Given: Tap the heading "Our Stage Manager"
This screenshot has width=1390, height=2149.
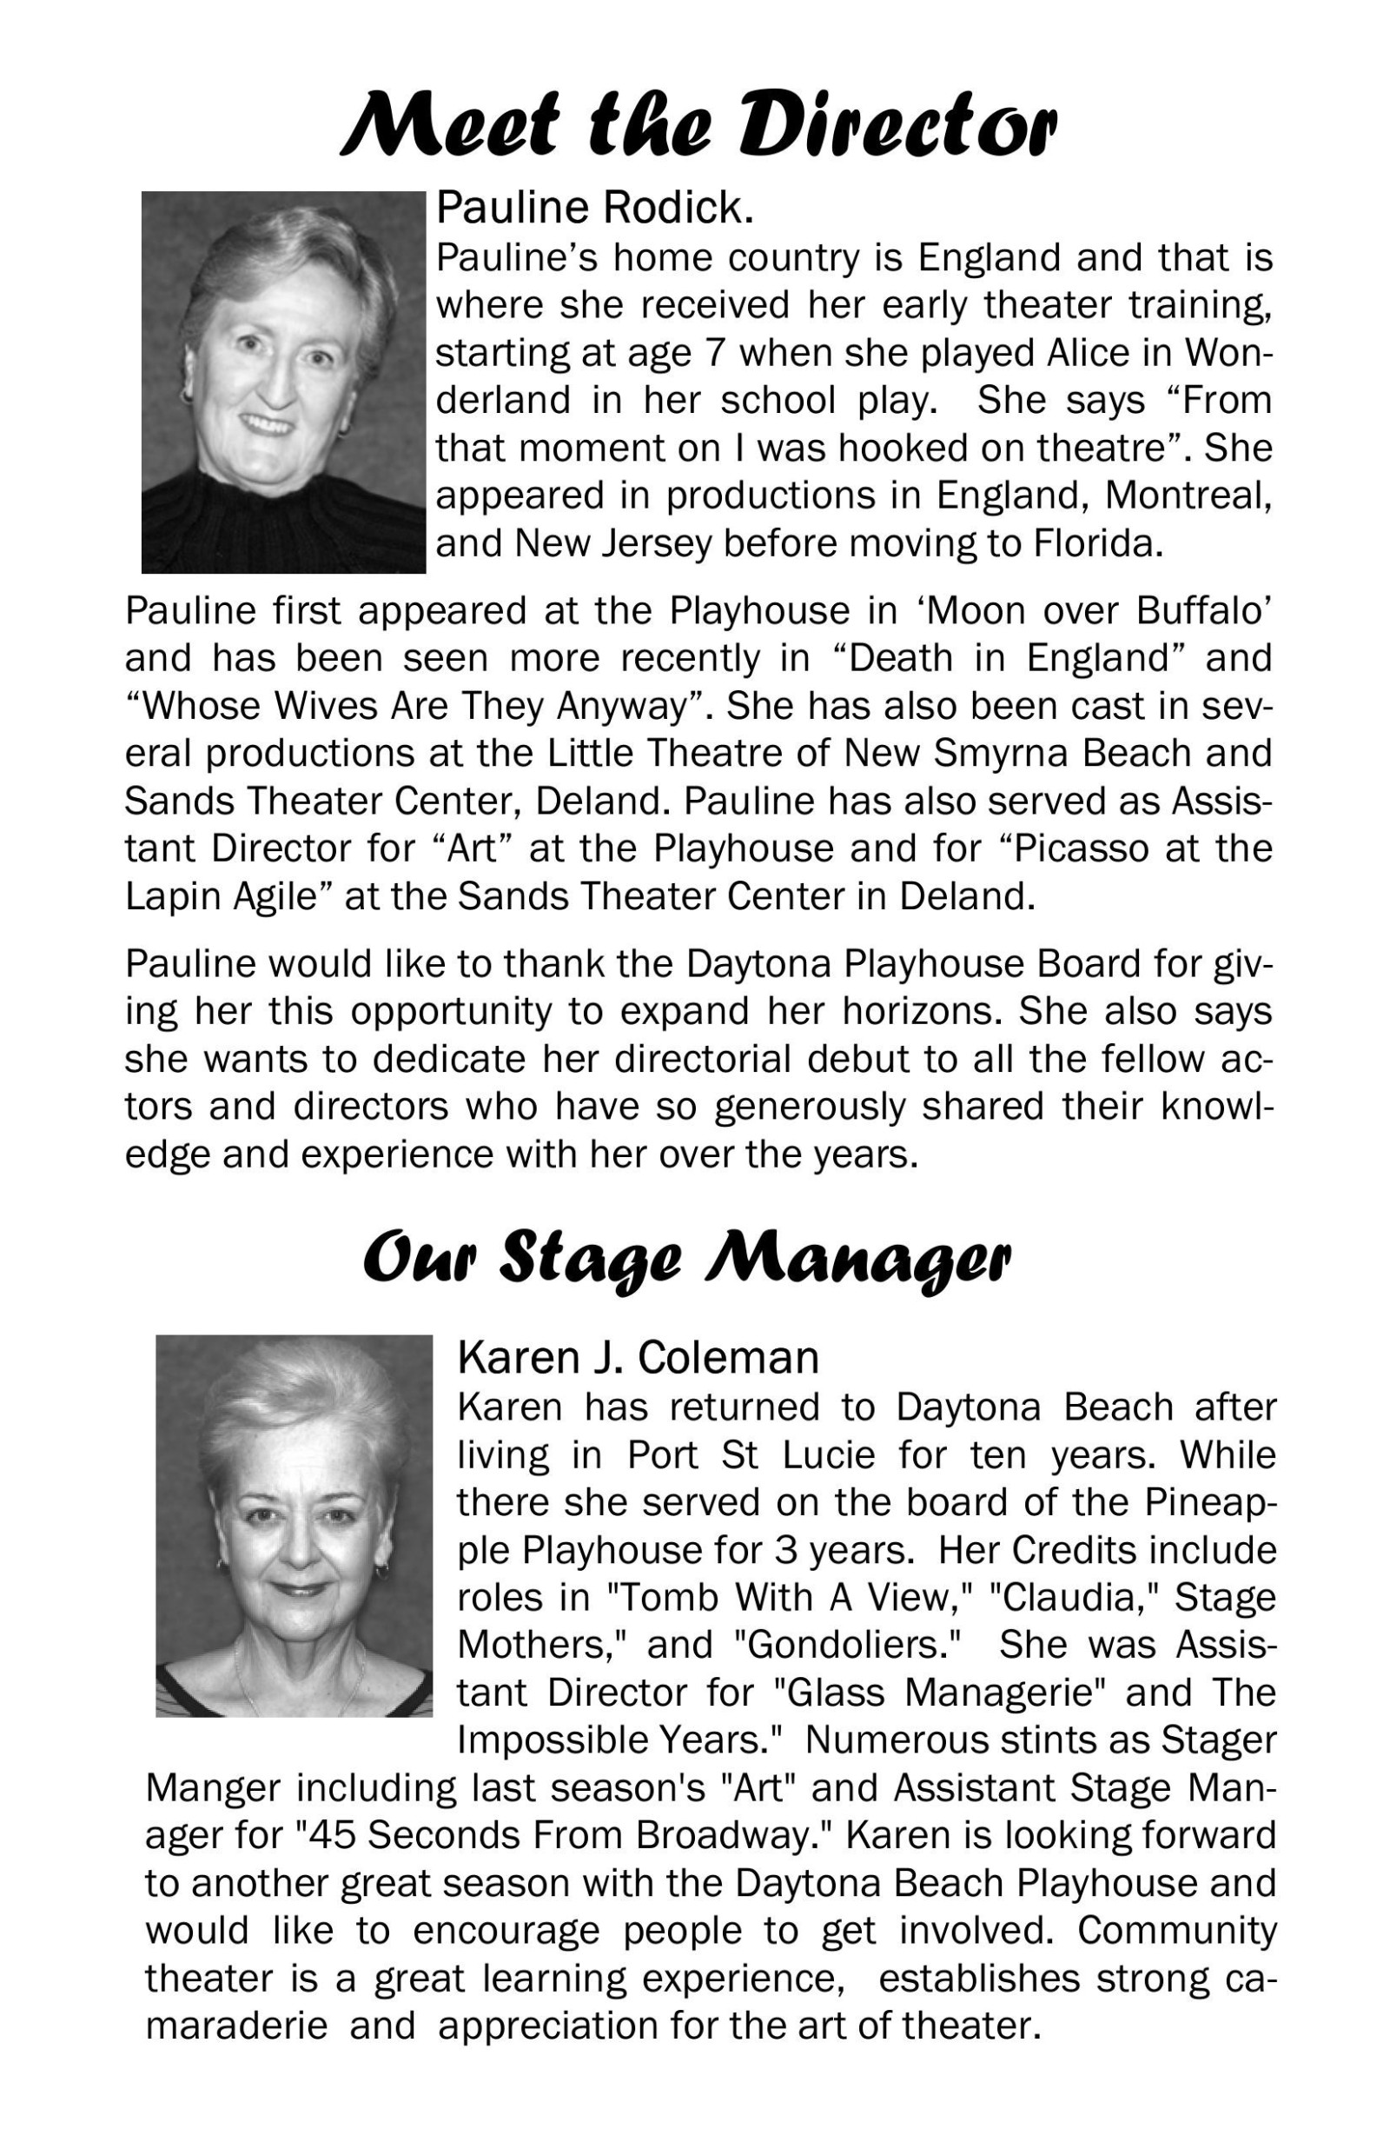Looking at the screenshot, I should pyautogui.click(x=687, y=1257).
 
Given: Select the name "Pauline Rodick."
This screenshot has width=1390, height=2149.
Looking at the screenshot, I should pyautogui.click(x=595, y=209).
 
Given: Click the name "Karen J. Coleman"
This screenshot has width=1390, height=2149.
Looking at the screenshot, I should pyautogui.click(x=639, y=1357).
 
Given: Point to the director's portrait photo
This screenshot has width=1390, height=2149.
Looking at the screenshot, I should pyautogui.click(x=283, y=382).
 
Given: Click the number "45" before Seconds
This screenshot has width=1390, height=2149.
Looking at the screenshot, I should pyautogui.click(x=330, y=1836).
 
